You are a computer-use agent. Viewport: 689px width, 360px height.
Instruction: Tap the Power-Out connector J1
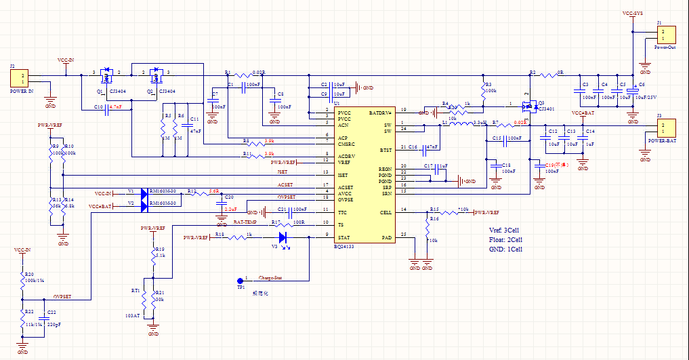click(665, 35)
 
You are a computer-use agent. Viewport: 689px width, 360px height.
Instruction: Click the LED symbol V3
click(283, 237)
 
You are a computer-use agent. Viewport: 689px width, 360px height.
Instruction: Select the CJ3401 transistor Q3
click(528, 106)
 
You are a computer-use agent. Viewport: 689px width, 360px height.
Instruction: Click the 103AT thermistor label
click(132, 315)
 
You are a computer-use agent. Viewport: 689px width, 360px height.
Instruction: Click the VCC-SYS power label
click(633, 13)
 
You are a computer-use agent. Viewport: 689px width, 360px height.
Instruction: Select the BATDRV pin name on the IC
click(380, 113)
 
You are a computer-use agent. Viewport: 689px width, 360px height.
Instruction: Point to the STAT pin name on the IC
click(344, 237)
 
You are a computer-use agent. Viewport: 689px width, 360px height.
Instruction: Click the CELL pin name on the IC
click(385, 212)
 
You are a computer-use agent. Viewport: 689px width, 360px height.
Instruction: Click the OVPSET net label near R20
click(63, 297)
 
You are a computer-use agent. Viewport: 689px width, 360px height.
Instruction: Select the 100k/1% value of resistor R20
click(34, 280)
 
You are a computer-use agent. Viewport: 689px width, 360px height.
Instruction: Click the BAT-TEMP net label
click(245, 222)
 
